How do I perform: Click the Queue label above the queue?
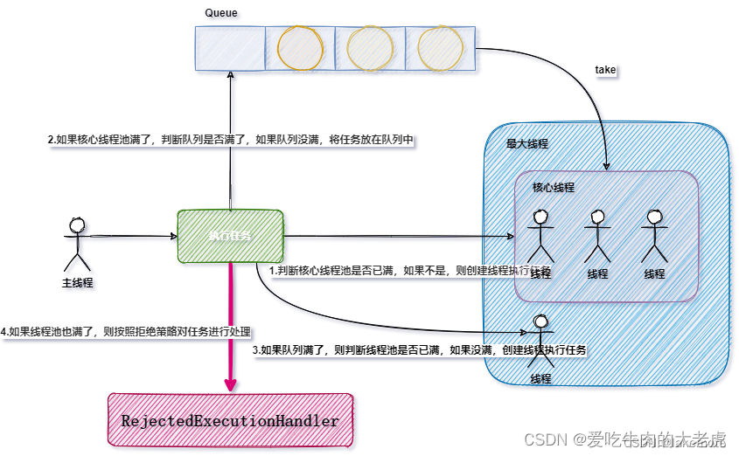pyautogui.click(x=220, y=12)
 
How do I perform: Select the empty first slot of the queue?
pyautogui.click(x=230, y=48)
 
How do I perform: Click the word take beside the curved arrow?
pyautogui.click(x=605, y=69)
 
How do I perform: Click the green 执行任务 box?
pyautogui.click(x=230, y=236)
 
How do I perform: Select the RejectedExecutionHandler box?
pyautogui.click(x=230, y=421)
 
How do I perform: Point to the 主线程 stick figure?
pyautogui.click(x=76, y=244)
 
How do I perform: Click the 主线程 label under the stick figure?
pyautogui.click(x=77, y=283)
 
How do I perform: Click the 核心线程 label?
pyautogui.click(x=554, y=187)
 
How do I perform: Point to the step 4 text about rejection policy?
pyautogui.click(x=126, y=332)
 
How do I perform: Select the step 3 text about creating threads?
pyautogui.click(x=419, y=349)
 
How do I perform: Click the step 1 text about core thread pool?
pyautogui.click(x=411, y=271)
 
